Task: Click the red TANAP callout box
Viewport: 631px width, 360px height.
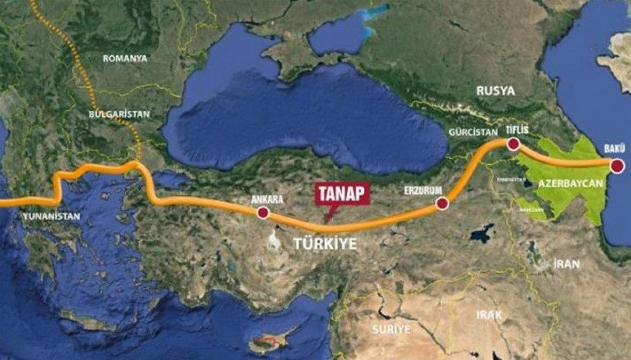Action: coord(342,193)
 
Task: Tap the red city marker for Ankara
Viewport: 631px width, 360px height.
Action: coord(262,213)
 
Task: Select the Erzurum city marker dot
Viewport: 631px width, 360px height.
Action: coord(442,204)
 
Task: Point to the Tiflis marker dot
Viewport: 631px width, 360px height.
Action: coord(513,143)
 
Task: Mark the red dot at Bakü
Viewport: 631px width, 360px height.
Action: coord(617,167)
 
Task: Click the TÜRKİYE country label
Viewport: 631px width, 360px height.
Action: coord(324,244)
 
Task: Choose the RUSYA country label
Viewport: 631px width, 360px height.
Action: coord(495,91)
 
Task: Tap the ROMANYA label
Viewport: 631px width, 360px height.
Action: coord(125,59)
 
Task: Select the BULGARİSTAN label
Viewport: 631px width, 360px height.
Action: coord(119,114)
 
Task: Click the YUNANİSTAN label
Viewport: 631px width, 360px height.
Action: coord(51,217)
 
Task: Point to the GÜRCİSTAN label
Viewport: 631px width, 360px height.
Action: coord(473,132)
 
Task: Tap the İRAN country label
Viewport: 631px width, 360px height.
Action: coord(566,264)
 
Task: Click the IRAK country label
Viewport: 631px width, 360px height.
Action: coord(489,316)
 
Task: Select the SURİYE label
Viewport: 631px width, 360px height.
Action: coord(390,330)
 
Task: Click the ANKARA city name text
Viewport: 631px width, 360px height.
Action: coord(267,200)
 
